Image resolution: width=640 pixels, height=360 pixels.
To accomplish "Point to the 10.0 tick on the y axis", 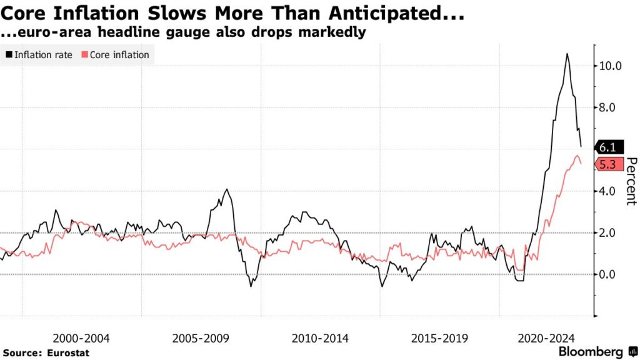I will point(609,66).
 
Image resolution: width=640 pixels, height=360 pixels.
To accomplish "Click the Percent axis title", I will point(631,181).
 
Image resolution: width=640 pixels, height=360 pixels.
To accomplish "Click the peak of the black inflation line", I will point(567,54).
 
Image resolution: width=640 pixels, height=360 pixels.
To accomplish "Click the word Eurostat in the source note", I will point(67,353).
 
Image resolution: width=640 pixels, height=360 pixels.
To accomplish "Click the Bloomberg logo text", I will point(590,352).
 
